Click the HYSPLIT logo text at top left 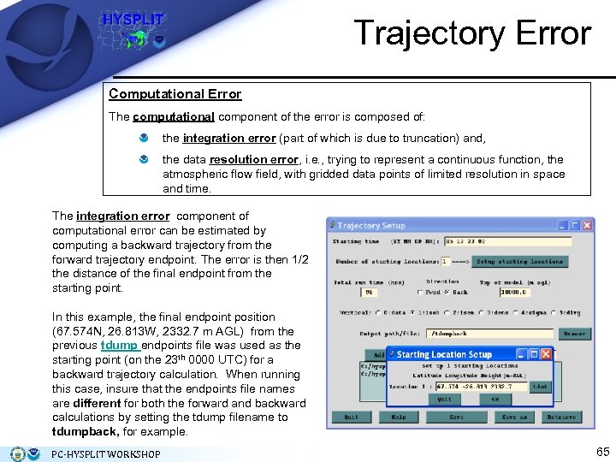[133, 18]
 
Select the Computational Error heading [175, 94]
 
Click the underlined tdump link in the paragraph [119, 346]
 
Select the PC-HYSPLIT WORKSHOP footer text [106, 454]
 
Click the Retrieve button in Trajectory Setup [561, 417]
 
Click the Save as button [515, 417]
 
